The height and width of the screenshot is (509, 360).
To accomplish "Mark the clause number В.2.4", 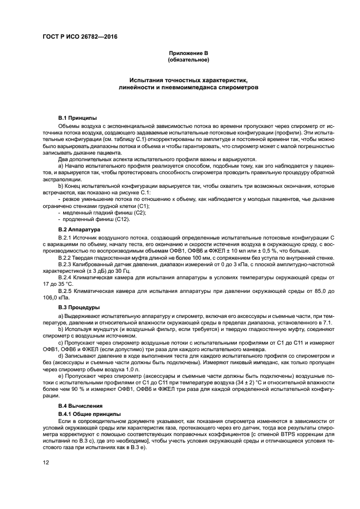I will pos(65,277).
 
